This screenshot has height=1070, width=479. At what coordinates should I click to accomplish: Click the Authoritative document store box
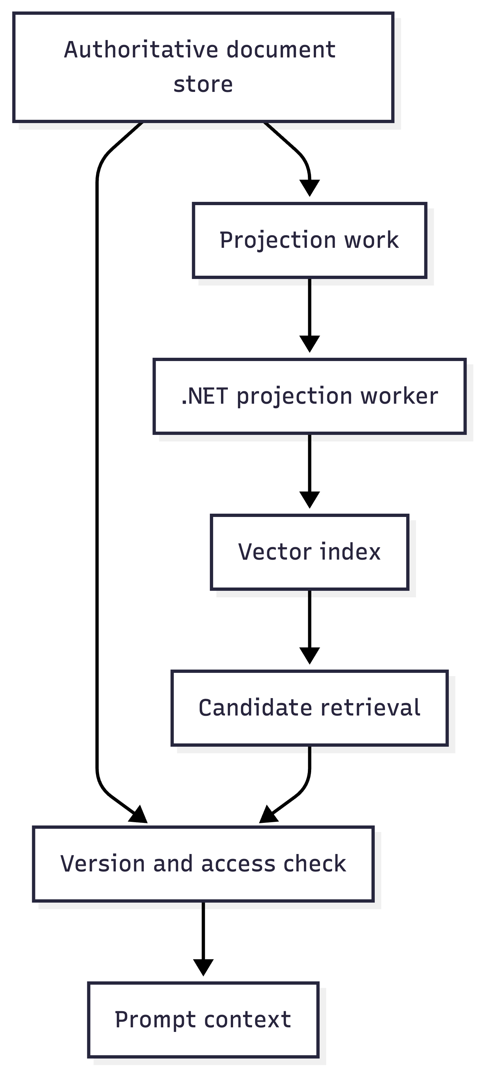tap(203, 67)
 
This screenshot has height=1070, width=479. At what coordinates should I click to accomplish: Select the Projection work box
tap(309, 240)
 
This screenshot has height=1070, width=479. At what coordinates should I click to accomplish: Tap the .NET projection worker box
tap(309, 396)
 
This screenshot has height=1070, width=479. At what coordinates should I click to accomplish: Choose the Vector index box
tap(309, 552)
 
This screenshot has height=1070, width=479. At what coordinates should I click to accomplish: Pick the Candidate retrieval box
tap(309, 708)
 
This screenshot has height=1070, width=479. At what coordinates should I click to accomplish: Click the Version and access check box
tap(203, 864)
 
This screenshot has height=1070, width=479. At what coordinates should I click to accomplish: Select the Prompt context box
tap(203, 1020)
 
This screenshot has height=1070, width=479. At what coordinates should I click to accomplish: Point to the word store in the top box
tap(203, 84)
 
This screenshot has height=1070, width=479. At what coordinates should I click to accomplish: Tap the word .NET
tap(205, 396)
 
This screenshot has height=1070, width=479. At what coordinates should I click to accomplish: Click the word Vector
tap(274, 552)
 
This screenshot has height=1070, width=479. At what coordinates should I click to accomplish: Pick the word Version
tap(103, 864)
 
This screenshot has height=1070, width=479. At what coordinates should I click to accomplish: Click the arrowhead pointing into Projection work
tap(309, 188)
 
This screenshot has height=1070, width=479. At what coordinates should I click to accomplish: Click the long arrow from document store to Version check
tap(97, 474)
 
